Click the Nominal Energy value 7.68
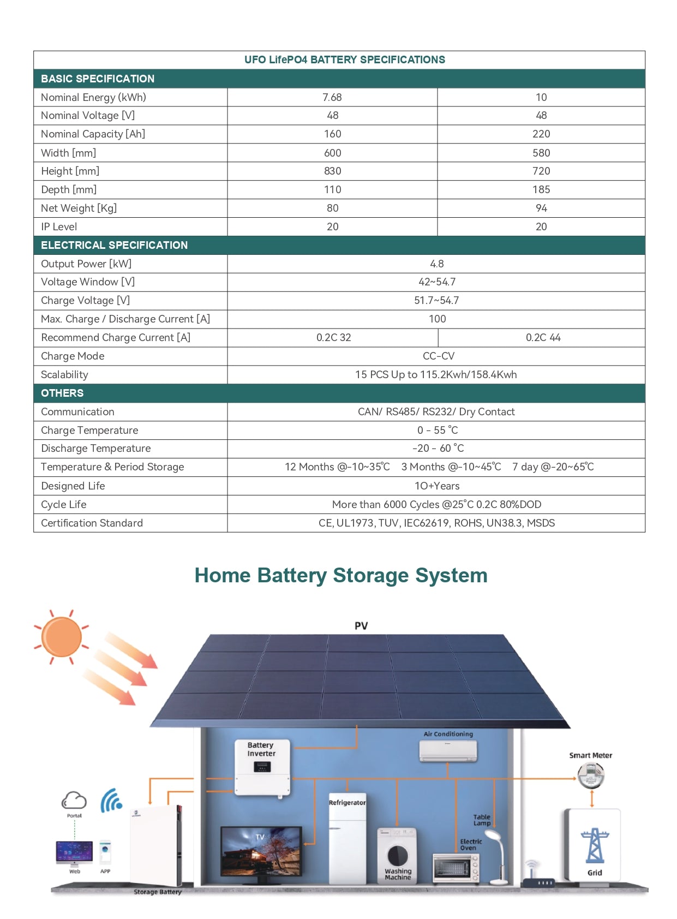click(332, 97)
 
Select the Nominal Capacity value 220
click(541, 134)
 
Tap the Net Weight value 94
click(541, 208)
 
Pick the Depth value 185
click(541, 189)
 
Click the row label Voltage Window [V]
click(88, 282)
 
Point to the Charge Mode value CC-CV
click(438, 356)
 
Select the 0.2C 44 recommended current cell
click(543, 337)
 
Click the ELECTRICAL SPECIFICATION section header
click(114, 245)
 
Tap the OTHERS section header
click(62, 393)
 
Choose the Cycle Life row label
click(64, 504)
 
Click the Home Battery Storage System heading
click(341, 575)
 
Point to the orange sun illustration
click(62, 636)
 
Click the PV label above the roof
click(361, 625)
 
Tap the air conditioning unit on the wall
click(448, 750)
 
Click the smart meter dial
click(591, 774)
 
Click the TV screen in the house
click(261, 851)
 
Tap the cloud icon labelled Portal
click(74, 801)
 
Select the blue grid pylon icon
click(595, 846)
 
